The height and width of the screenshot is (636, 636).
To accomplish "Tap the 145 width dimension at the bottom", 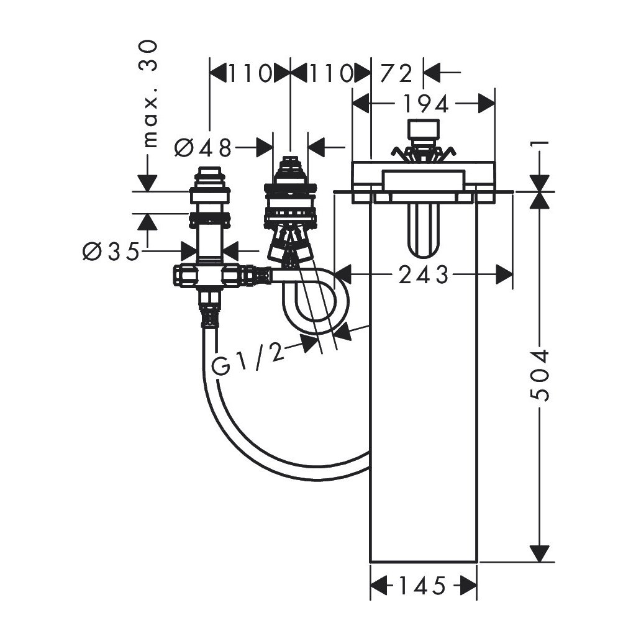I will (x=422, y=585).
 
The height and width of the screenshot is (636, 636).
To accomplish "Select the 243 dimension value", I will (x=424, y=275).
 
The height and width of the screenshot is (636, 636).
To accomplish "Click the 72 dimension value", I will (x=397, y=74).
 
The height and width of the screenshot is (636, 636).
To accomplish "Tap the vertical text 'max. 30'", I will (x=149, y=93).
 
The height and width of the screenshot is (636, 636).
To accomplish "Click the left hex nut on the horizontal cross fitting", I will (x=184, y=274).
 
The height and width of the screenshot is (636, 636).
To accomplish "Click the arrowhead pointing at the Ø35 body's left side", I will (x=188, y=252).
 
